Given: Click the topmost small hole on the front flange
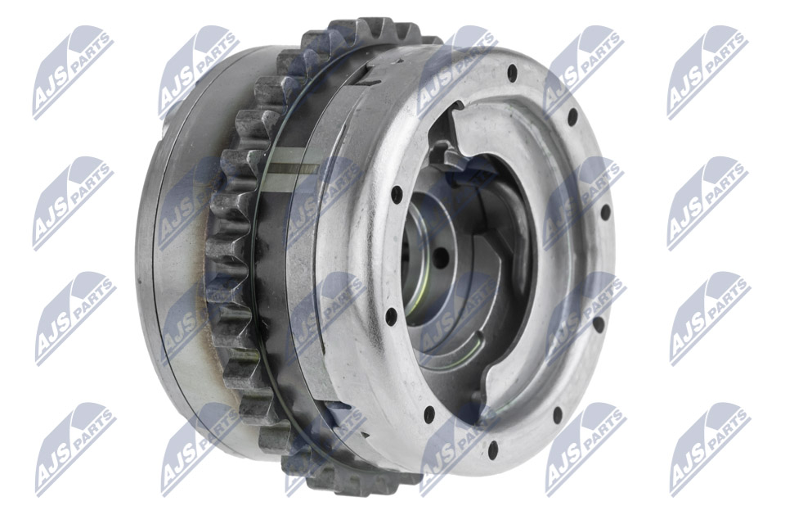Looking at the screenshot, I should pyautogui.click(x=513, y=71).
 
